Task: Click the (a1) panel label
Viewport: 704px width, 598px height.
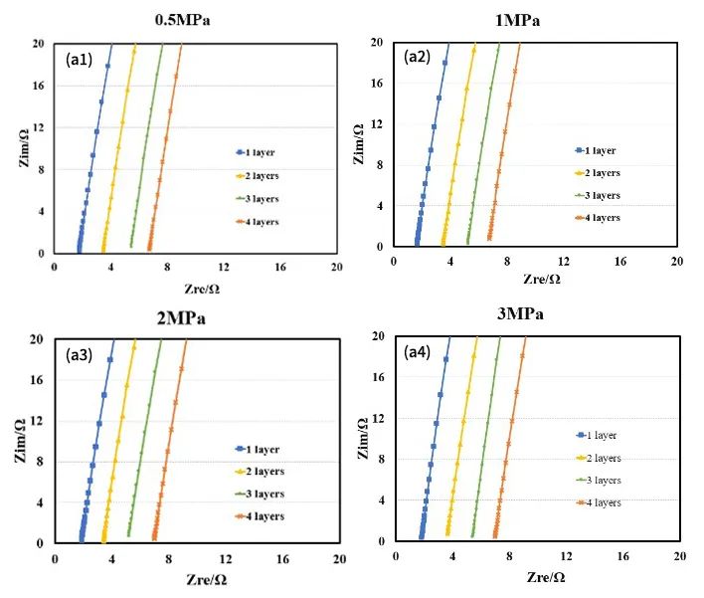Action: coord(79,60)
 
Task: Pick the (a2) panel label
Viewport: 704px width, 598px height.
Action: coord(417,57)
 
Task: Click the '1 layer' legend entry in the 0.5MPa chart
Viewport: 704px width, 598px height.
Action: coord(260,152)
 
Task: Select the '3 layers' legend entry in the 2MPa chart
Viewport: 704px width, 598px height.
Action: coord(260,494)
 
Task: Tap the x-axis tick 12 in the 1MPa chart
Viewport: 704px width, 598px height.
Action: coord(564,261)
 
